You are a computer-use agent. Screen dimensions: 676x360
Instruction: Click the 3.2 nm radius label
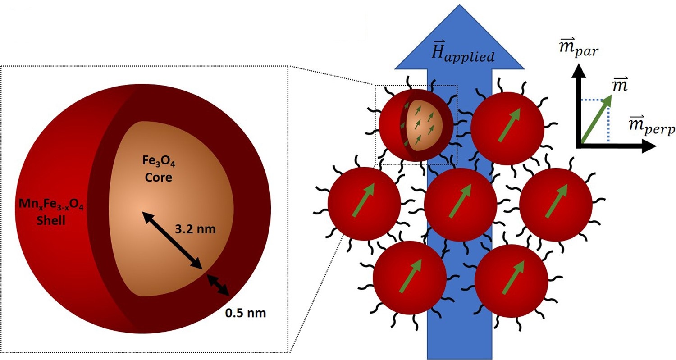(195, 229)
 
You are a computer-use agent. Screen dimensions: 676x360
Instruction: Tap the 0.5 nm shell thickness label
(245, 313)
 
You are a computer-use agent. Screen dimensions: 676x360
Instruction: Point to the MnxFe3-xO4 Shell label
(51, 212)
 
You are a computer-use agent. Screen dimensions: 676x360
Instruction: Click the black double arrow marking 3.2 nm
(172, 240)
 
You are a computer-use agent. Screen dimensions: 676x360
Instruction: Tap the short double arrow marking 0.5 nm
(218, 285)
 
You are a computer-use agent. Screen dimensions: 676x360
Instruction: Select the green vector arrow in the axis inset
(596, 119)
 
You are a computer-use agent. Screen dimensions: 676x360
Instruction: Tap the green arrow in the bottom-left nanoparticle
(411, 276)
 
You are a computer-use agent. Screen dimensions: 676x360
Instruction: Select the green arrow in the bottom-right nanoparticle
(513, 277)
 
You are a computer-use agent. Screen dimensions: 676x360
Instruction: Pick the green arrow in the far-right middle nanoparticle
(557, 201)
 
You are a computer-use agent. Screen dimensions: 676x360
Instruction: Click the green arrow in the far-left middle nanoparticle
(363, 200)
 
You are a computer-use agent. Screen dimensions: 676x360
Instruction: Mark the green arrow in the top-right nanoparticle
(509, 125)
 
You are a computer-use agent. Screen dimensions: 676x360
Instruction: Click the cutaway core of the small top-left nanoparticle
(424, 125)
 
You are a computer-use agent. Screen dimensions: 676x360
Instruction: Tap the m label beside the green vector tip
(621, 86)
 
